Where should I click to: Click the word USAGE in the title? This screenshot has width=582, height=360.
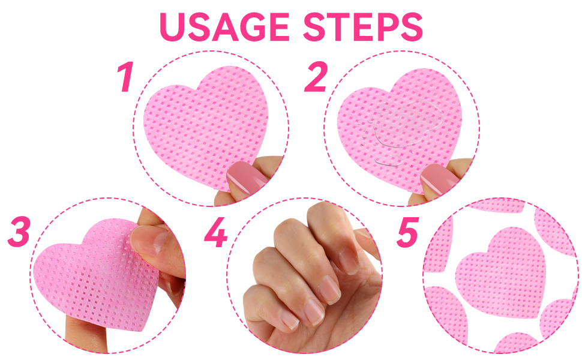(x=224, y=27)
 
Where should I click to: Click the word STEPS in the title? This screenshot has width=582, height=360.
(x=363, y=27)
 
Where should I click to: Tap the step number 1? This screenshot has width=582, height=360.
(x=126, y=77)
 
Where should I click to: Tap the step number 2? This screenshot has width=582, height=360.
(x=316, y=77)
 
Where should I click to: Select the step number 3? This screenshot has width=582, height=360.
(x=19, y=232)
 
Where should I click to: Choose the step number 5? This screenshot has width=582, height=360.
(x=407, y=232)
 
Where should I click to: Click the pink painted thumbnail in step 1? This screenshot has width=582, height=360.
(x=246, y=177)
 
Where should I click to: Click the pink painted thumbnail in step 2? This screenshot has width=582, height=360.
(x=439, y=179)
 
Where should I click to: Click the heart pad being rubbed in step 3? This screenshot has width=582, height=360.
(x=97, y=275)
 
